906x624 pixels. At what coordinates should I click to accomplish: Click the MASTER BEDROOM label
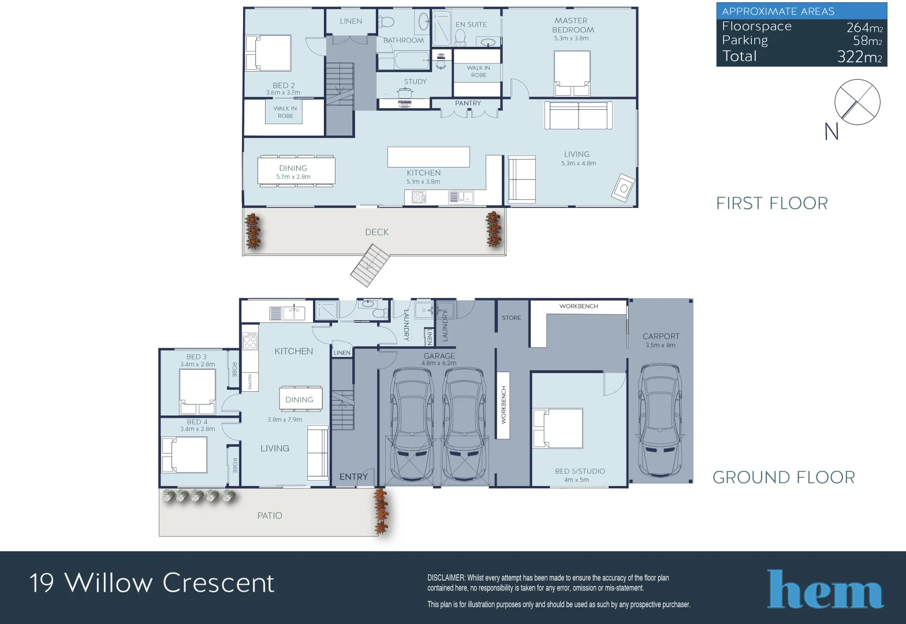[572, 25]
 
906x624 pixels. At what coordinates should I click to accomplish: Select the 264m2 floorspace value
[864, 27]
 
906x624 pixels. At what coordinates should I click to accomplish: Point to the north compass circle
[857, 102]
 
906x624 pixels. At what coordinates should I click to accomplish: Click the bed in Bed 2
[268, 53]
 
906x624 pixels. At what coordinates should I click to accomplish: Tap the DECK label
[376, 232]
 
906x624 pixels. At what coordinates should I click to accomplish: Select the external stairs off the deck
[370, 265]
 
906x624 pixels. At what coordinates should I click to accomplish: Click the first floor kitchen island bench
[428, 157]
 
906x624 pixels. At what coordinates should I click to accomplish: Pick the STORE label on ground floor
[511, 318]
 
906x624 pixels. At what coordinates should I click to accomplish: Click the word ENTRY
[353, 477]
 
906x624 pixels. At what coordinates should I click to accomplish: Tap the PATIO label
[270, 515]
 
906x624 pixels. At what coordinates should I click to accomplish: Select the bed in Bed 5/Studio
[558, 428]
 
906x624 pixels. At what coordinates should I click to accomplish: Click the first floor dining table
[296, 171]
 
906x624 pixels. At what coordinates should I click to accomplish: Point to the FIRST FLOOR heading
[771, 203]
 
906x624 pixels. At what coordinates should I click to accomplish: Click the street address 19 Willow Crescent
[152, 582]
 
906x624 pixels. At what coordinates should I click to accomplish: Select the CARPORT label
[661, 336]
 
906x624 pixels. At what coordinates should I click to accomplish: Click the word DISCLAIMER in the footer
[446, 578]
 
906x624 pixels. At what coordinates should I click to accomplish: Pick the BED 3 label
[196, 357]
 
